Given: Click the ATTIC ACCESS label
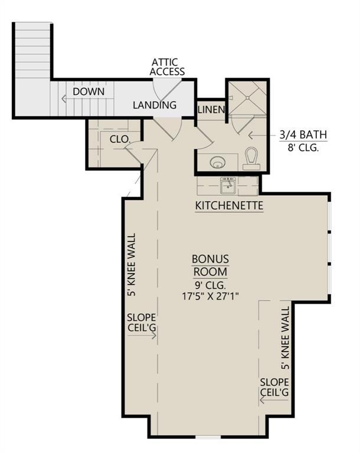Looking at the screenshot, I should pyautogui.click(x=167, y=66).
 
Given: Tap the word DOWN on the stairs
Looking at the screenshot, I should pyautogui.click(x=89, y=92).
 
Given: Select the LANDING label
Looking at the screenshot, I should pyautogui.click(x=155, y=106).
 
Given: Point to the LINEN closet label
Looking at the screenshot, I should pyautogui.click(x=211, y=110).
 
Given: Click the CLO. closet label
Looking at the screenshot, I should pyautogui.click(x=120, y=139).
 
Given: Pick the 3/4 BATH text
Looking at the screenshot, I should pyautogui.click(x=303, y=135).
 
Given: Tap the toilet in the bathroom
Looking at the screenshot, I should pyautogui.click(x=252, y=157).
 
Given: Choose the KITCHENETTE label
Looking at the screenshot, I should pyautogui.click(x=229, y=206).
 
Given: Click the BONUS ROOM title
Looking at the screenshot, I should pyautogui.click(x=210, y=265).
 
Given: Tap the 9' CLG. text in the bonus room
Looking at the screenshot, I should pyautogui.click(x=210, y=285).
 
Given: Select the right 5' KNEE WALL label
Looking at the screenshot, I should pyautogui.click(x=286, y=337).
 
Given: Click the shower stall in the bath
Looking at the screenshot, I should pyautogui.click(x=247, y=97).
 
